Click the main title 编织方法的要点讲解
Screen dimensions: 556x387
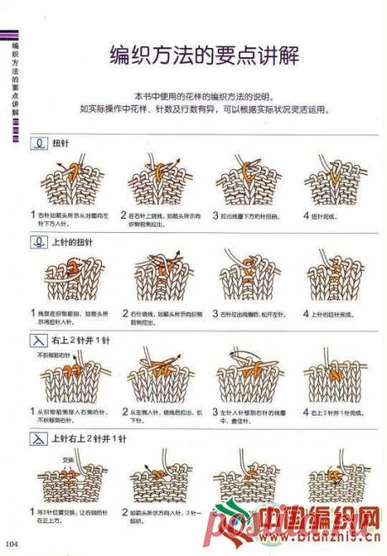click(205, 55)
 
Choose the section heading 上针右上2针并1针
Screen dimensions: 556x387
click(88, 439)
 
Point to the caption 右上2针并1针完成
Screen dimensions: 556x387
click(337, 413)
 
